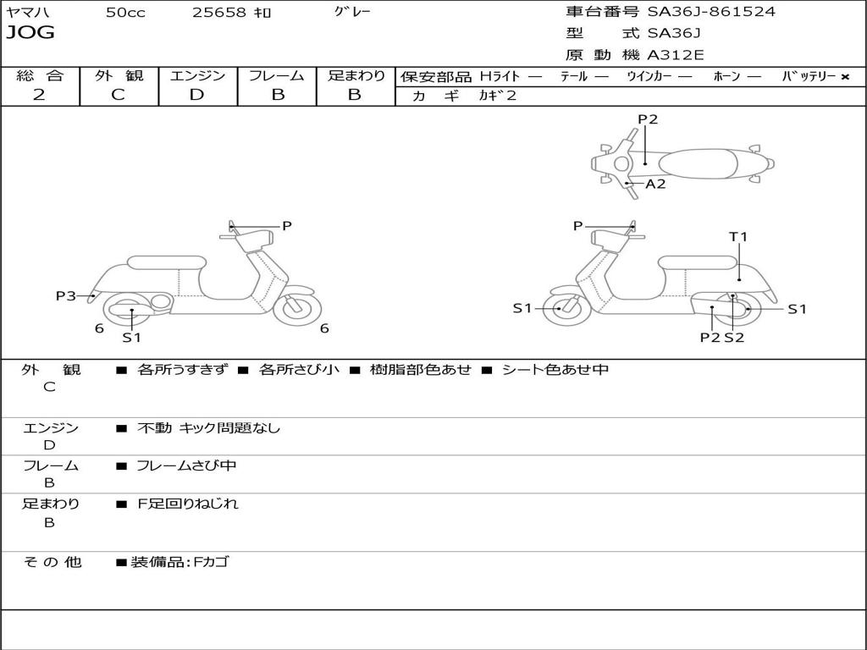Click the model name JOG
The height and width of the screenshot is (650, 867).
30,34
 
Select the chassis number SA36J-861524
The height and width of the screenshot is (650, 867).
711,12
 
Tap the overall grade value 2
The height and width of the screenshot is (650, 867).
39,95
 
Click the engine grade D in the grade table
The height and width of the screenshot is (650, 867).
196,95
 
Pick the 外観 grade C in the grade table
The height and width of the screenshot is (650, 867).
118,95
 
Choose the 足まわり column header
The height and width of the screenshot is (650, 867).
356,76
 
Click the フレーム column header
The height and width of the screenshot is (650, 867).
277,76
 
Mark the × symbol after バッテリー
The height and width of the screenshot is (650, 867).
844,77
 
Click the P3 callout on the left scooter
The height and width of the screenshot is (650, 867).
66,295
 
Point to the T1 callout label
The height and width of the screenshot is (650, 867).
738,237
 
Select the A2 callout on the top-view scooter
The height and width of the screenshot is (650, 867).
655,184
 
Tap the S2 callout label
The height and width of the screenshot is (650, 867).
734,337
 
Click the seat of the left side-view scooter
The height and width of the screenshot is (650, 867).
165,262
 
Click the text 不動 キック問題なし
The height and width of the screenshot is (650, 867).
208,428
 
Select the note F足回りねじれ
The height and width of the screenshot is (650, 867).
188,504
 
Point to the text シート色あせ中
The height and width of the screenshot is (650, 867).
555,370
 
